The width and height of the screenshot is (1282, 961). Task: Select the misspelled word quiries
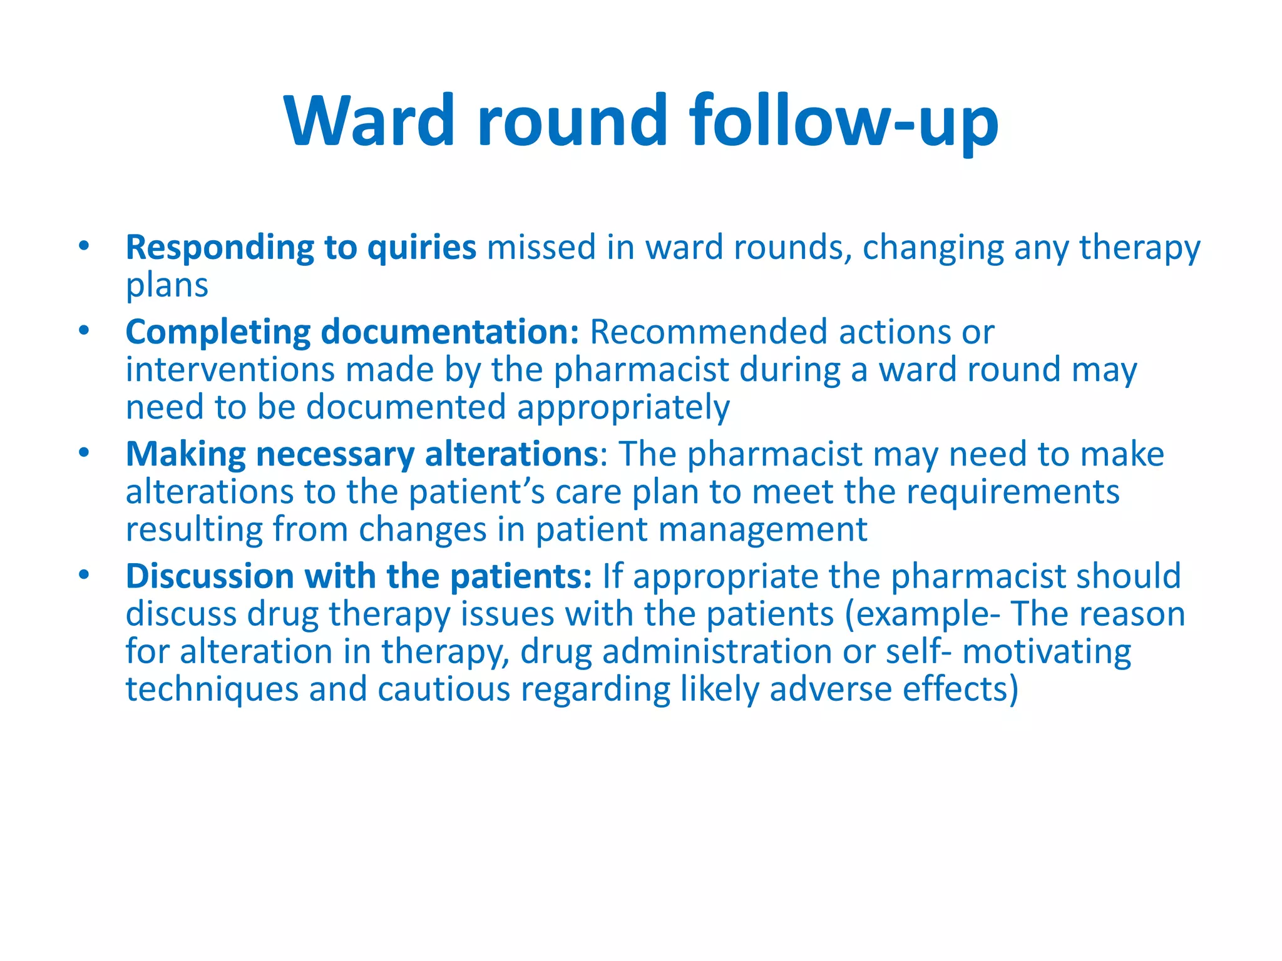(421, 248)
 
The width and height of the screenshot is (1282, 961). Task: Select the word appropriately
(623, 408)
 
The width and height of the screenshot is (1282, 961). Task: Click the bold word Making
(185, 455)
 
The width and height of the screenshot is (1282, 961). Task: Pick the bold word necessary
(335, 455)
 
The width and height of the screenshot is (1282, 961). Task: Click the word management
(763, 530)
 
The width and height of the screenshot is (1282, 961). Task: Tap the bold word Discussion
(210, 576)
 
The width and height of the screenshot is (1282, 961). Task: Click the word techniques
(212, 689)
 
